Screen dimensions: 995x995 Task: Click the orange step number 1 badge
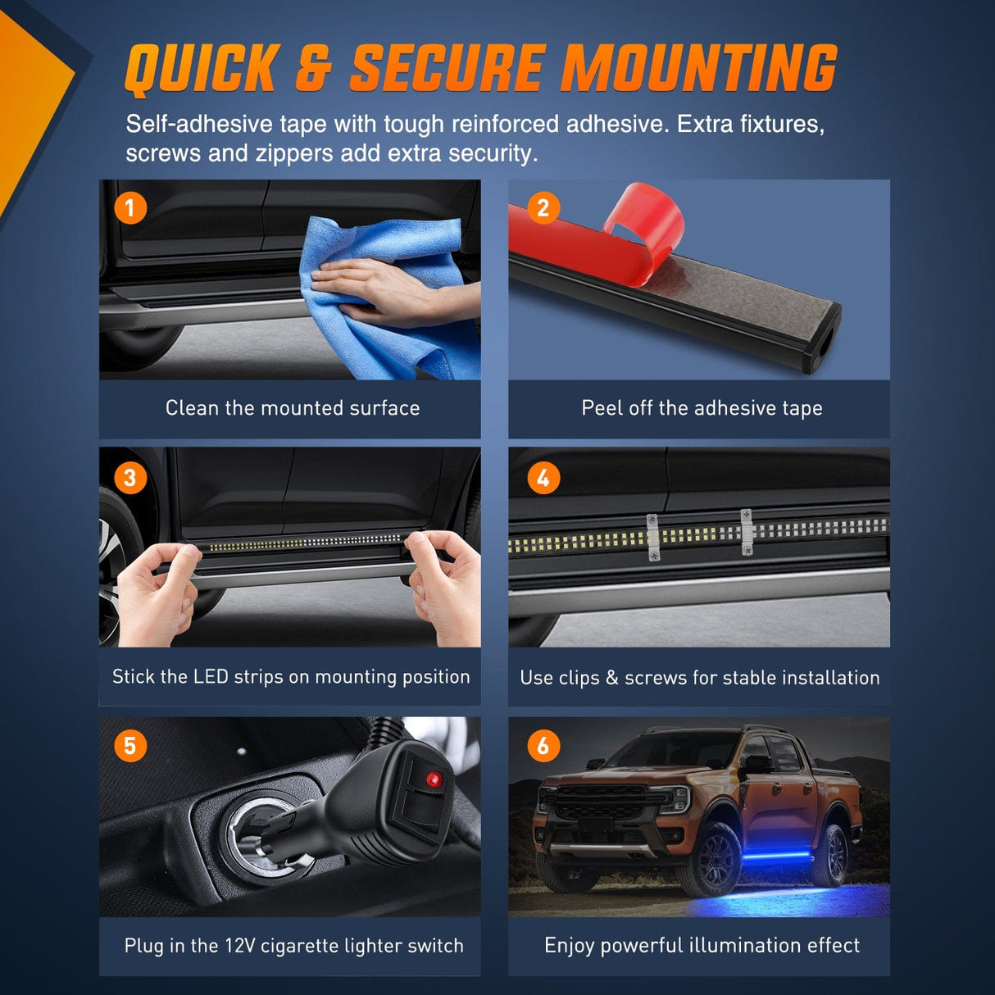(x=130, y=208)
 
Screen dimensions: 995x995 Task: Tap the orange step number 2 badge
(x=543, y=208)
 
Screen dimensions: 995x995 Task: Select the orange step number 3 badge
(x=130, y=477)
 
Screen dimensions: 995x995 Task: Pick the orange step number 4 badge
(x=543, y=477)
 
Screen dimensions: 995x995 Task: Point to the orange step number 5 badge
(x=130, y=746)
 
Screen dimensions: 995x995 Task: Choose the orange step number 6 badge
(x=543, y=746)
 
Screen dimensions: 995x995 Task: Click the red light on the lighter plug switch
(x=433, y=779)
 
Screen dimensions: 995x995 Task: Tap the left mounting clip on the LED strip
(x=652, y=538)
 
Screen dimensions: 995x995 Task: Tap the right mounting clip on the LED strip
(x=747, y=531)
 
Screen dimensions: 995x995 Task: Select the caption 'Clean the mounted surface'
(x=292, y=408)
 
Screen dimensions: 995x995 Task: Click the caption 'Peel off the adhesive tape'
(x=702, y=408)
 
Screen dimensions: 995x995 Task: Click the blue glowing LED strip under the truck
(x=762, y=856)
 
